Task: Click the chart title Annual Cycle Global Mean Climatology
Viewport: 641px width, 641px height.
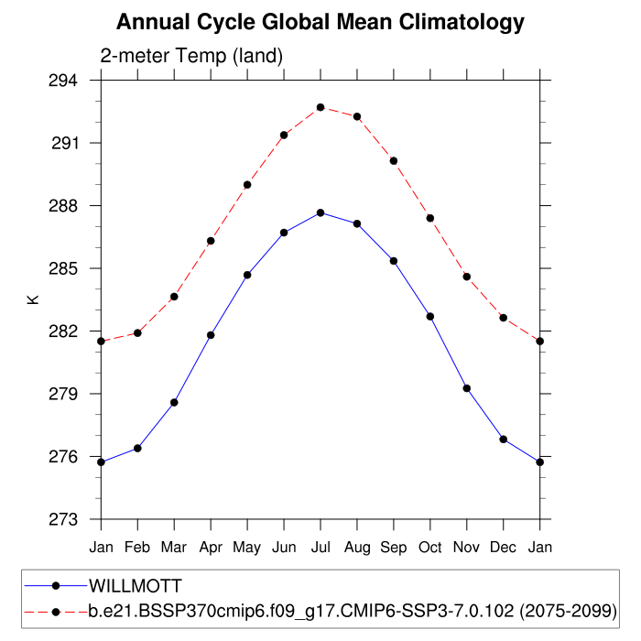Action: point(320,22)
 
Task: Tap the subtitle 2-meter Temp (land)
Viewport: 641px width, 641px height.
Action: point(191,57)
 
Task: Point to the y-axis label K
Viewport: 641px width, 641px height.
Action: point(33,299)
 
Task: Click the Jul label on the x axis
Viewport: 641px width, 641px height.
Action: point(320,548)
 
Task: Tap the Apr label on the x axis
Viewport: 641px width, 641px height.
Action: point(211,548)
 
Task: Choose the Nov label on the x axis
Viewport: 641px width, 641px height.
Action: point(467,548)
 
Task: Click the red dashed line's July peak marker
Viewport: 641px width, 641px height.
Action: point(320,107)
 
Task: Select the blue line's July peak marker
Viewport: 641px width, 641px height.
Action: point(320,212)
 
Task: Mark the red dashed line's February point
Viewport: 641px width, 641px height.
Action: point(137,332)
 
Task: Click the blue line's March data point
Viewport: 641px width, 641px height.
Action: point(174,402)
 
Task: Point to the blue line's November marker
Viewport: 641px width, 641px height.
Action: point(467,388)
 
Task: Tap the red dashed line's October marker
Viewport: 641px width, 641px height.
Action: point(430,218)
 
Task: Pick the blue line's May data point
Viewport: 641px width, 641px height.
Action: point(247,275)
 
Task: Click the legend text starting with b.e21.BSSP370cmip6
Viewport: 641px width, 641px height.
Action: point(353,610)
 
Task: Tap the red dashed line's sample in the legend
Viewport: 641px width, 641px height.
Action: point(55,610)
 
